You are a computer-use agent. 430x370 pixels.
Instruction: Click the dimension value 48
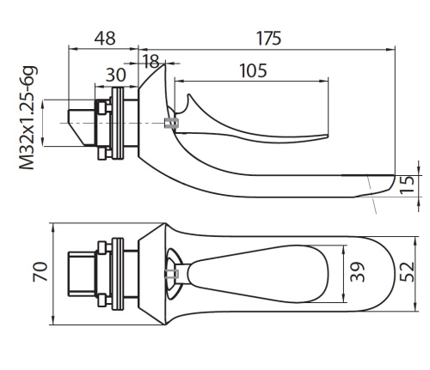pyautogui.click(x=105, y=38)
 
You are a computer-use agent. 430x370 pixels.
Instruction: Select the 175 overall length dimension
pyautogui.click(x=268, y=38)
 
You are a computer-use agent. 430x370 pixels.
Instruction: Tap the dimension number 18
pyautogui.click(x=150, y=61)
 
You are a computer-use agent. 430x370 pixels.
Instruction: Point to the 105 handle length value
pyautogui.click(x=253, y=70)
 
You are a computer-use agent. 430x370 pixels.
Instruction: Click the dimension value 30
pyautogui.click(x=115, y=75)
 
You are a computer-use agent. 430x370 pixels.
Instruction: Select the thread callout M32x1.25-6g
pyautogui.click(x=28, y=118)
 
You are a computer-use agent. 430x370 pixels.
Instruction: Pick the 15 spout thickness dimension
pyautogui.click(x=408, y=185)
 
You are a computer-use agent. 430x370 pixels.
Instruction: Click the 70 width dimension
pyautogui.click(x=40, y=271)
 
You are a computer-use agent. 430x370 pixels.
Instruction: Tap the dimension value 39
pyautogui.click(x=358, y=272)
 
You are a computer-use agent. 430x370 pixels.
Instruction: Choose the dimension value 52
pyautogui.click(x=408, y=272)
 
